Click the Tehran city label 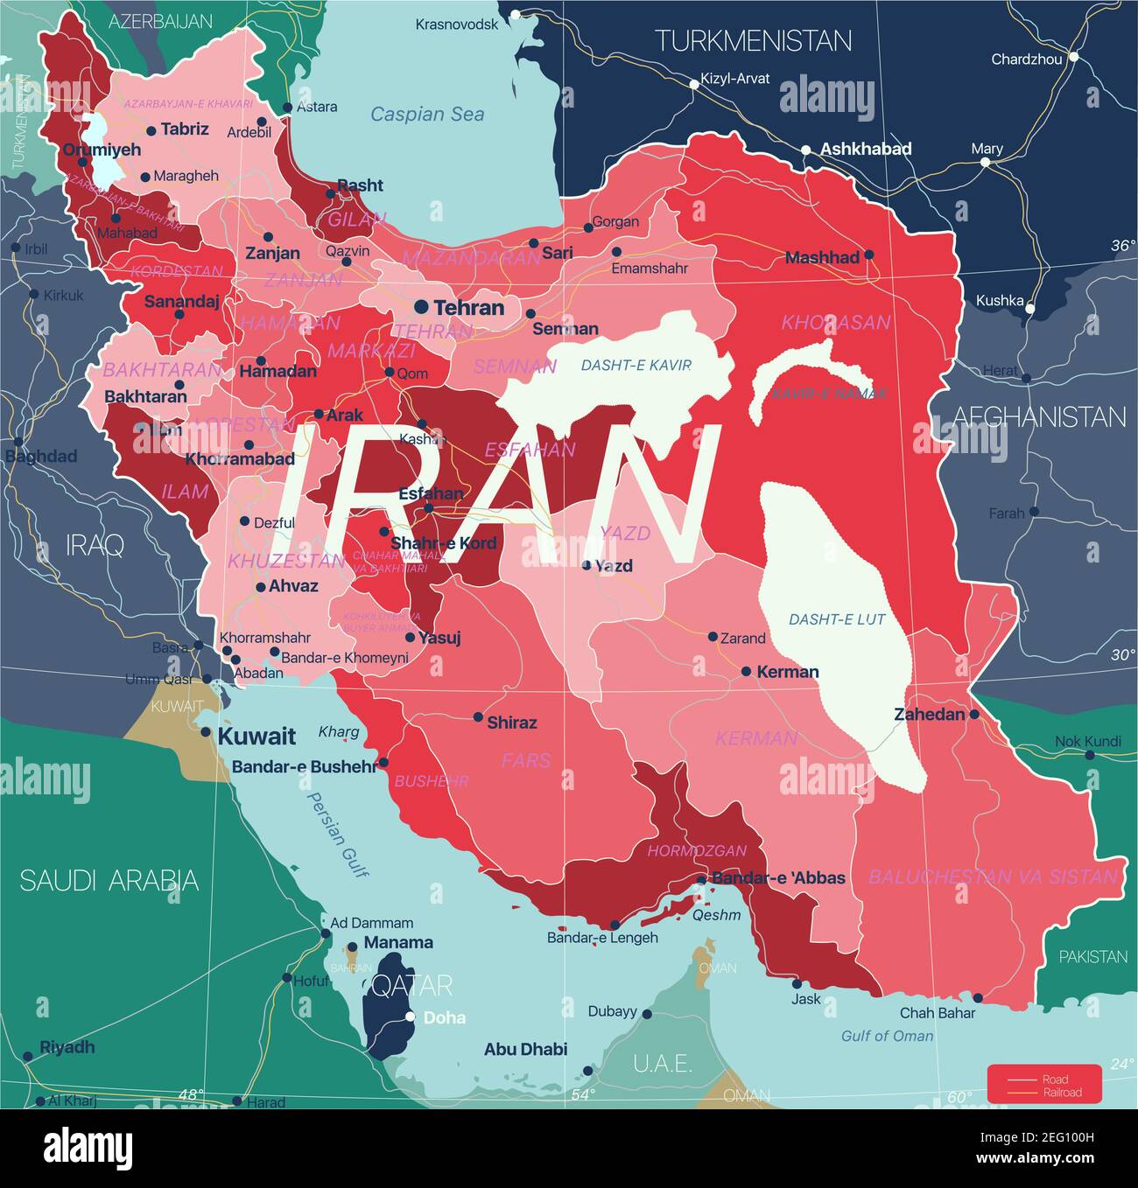(x=468, y=308)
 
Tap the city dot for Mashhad (x=868, y=255)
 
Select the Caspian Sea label (x=426, y=114)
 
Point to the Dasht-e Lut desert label (x=837, y=619)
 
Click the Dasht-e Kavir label (x=636, y=365)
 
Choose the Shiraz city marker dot (x=478, y=717)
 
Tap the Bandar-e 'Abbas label (x=778, y=877)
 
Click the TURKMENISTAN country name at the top (x=753, y=41)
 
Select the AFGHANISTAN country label (x=1038, y=416)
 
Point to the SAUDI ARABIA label (x=109, y=880)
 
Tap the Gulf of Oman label (x=887, y=1036)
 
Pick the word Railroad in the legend (x=1061, y=1092)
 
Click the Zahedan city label (x=929, y=715)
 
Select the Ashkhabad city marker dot (x=806, y=150)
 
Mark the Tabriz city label (x=185, y=129)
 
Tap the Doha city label (x=445, y=1017)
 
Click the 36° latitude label (x=1123, y=246)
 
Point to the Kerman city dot (x=746, y=672)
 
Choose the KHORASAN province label (x=835, y=323)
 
